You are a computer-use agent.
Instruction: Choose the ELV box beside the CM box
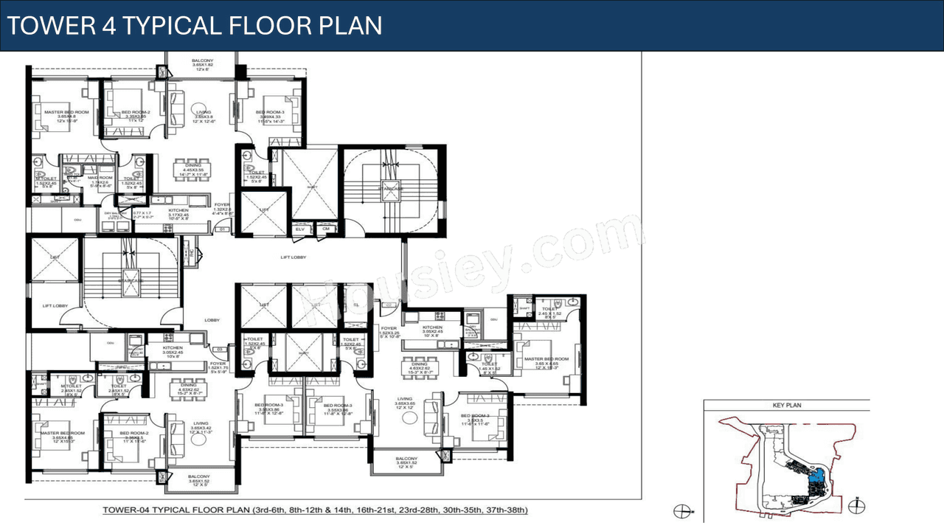300,229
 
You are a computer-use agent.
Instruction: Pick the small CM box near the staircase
325,229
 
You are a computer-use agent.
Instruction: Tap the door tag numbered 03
220,349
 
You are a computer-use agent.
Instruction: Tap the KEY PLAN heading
787,405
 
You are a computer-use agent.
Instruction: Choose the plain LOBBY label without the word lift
212,319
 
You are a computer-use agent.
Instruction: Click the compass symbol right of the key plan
855,507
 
